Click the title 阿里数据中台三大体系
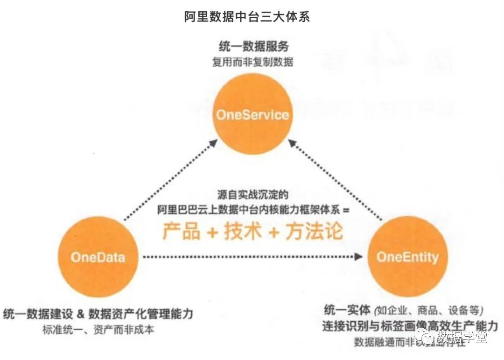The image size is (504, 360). [x=247, y=17]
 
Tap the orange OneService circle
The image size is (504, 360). [x=252, y=115]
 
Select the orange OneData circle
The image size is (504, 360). [x=98, y=257]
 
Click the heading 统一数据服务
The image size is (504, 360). [x=253, y=47]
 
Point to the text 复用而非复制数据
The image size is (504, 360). [x=253, y=62]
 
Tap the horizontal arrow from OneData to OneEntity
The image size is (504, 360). [x=252, y=256]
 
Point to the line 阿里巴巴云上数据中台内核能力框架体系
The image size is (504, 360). [x=250, y=210]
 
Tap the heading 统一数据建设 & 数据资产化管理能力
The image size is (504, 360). [x=98, y=313]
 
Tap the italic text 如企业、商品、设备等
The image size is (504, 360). [x=429, y=310]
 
